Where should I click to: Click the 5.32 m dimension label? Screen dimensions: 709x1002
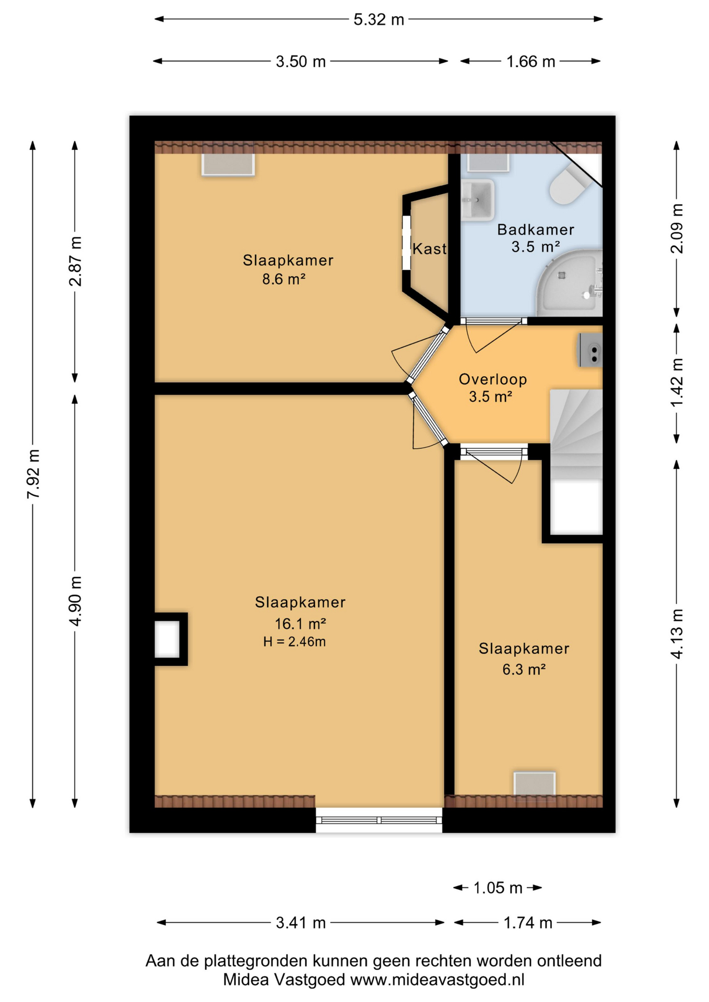(x=379, y=20)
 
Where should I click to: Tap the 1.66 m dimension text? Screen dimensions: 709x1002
(x=530, y=62)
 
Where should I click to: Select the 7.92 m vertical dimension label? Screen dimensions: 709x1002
(x=33, y=473)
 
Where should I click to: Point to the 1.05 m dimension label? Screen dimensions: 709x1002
(x=498, y=888)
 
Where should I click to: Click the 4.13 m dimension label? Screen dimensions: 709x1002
(x=677, y=634)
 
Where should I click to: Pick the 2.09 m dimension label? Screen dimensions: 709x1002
(x=677, y=229)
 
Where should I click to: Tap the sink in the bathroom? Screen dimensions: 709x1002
(x=477, y=199)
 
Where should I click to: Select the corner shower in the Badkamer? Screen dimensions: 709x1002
(x=570, y=282)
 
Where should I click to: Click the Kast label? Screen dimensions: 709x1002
(x=429, y=249)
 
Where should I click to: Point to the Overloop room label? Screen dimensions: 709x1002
(x=493, y=379)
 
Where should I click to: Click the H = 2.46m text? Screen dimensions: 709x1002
(x=294, y=642)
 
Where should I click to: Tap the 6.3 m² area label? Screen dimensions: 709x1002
(x=524, y=669)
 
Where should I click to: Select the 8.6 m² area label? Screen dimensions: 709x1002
(x=283, y=279)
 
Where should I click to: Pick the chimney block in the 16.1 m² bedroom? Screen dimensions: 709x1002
(x=170, y=639)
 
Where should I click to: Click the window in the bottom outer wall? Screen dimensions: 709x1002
(x=379, y=820)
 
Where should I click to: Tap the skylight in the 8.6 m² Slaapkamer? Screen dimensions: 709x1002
(x=228, y=164)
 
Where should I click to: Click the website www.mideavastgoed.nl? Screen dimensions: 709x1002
(x=437, y=980)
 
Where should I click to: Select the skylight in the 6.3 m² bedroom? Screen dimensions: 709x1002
(x=534, y=784)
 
